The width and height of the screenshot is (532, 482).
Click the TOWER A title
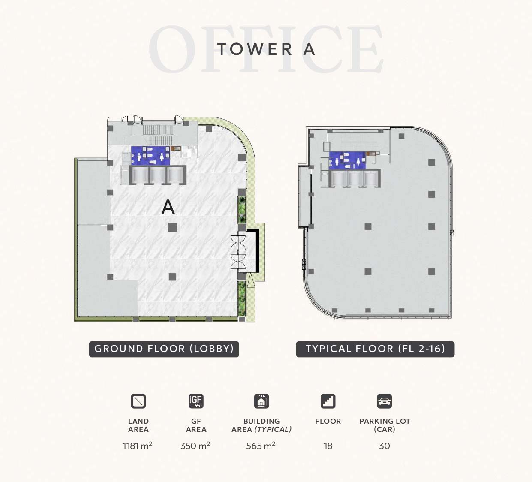click(266, 49)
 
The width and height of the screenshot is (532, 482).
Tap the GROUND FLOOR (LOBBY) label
click(164, 349)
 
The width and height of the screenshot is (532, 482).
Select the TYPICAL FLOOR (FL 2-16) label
click(375, 349)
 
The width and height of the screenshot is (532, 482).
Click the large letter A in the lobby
click(168, 207)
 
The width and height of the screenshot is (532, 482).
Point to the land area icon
click(138, 401)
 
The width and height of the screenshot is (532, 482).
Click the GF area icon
click(196, 401)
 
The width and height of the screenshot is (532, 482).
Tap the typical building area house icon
click(261, 401)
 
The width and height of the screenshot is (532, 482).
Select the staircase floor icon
click(328, 401)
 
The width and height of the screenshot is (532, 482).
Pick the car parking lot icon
click(385, 401)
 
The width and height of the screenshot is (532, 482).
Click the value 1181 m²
click(137, 446)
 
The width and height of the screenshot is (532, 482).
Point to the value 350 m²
click(195, 446)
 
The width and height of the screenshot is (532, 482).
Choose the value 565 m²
click(261, 446)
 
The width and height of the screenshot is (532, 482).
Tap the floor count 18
click(328, 446)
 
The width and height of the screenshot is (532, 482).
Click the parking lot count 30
click(385, 446)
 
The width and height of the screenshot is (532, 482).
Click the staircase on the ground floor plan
click(158, 135)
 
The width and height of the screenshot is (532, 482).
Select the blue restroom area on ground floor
click(150, 156)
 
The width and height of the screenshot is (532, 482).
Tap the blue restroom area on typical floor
click(347, 160)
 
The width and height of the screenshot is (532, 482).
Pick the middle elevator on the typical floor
click(355, 179)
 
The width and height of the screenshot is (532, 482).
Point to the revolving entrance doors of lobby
click(238, 252)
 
